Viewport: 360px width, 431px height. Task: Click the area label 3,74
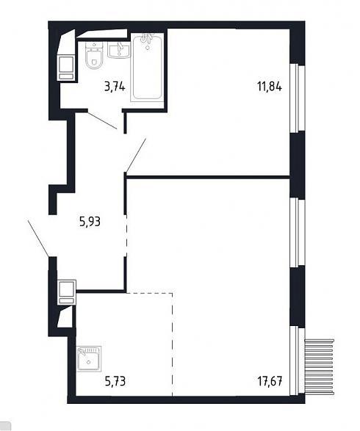coord(115,87)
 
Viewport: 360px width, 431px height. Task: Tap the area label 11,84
coord(270,87)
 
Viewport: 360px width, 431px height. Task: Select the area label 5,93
coord(90,222)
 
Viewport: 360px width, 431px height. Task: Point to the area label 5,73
coord(115,381)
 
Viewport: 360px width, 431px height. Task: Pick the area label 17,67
coord(270,381)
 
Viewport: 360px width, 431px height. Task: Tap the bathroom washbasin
coord(119,50)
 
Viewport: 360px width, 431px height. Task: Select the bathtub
coord(147,67)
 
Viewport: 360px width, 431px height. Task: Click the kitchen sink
coord(89,359)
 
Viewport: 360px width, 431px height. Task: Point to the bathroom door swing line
coord(102,120)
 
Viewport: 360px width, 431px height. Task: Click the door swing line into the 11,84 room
coord(136,155)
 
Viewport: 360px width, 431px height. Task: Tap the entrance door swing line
coord(39,238)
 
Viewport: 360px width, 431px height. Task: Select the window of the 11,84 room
coord(298,98)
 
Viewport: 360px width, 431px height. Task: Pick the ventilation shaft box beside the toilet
coord(65,68)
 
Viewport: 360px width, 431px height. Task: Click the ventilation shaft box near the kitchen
coord(66,292)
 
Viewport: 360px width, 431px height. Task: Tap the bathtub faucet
coord(147,39)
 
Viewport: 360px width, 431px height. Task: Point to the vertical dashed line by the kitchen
coord(173,344)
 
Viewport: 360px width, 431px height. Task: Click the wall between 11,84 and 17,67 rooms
coord(208,177)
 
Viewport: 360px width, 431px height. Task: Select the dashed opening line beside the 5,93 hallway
coord(126,235)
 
